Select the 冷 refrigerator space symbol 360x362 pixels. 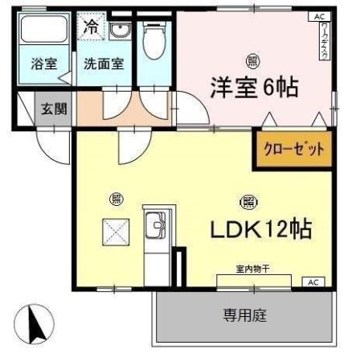[x=91, y=26]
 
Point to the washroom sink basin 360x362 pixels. [x=121, y=32]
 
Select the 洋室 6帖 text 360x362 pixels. [x=255, y=86]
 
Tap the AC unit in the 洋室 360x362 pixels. [x=319, y=17]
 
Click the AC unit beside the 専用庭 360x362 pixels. [x=313, y=282]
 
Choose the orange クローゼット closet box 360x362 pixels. [x=293, y=149]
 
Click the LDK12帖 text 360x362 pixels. [x=260, y=229]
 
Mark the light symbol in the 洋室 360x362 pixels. [x=254, y=60]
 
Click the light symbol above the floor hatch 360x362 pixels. [x=116, y=200]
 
